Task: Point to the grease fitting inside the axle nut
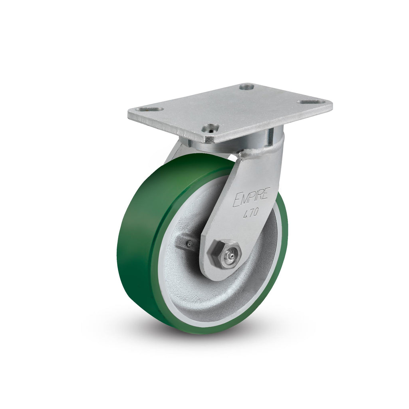pyautogui.click(x=230, y=256)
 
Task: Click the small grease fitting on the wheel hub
pyautogui.click(x=188, y=244)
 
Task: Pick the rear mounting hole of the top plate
pyautogui.click(x=246, y=86)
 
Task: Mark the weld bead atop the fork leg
pyautogui.click(x=261, y=151)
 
